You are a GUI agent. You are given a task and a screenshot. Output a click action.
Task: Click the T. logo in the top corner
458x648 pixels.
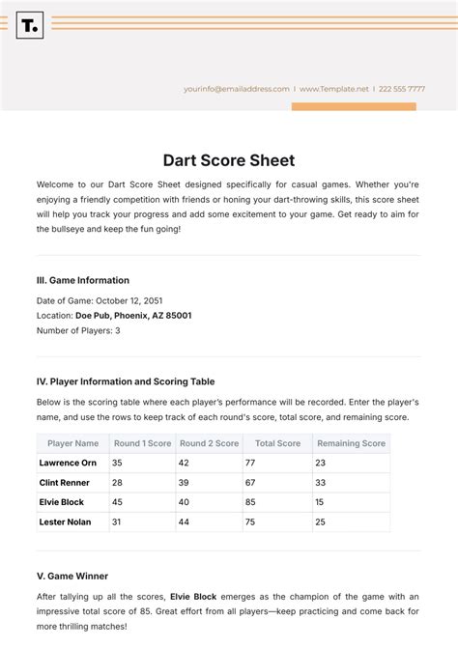pos(30,25)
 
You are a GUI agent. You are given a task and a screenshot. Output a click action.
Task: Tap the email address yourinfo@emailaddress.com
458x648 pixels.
pos(237,89)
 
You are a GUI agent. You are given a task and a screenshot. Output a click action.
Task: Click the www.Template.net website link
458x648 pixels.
pos(334,89)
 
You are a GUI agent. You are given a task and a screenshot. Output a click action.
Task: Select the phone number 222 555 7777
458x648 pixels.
pos(403,89)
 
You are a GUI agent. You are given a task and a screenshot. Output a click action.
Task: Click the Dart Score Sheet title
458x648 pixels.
pos(229,160)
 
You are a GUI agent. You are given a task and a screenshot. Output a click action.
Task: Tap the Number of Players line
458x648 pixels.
pos(78,330)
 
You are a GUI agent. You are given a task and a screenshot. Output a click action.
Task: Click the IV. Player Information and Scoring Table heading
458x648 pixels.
pos(126,381)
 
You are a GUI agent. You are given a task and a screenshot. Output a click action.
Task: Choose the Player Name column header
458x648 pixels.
pos(72,443)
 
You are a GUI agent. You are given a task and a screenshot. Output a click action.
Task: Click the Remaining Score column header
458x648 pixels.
pos(351,443)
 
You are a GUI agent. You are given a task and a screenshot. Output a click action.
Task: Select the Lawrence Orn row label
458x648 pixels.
pos(68,463)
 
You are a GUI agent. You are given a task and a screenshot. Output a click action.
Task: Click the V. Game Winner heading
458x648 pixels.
pos(72,576)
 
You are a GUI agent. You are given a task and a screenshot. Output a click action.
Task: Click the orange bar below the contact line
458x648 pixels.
pos(354,106)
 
